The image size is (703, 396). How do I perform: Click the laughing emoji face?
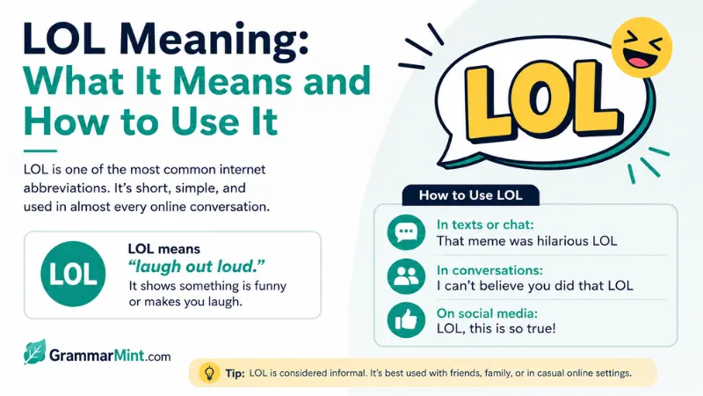pos(641,48)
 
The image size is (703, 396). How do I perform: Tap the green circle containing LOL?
pos(73,274)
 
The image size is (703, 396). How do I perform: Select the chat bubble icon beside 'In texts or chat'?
pos(406,232)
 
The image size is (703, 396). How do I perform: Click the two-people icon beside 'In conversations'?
pos(406,276)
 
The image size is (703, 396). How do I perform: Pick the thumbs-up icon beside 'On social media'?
pos(406,320)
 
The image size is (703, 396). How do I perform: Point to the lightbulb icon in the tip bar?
pos(209,372)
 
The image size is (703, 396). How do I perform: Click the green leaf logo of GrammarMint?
pos(34,352)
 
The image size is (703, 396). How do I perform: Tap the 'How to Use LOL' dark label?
pos(471,195)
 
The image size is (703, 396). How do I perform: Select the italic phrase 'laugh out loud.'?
pos(196,267)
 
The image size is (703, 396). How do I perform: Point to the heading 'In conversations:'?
pos(489,270)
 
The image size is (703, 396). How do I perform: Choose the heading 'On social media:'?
pos(487,313)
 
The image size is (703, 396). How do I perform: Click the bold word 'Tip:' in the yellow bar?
pos(235,373)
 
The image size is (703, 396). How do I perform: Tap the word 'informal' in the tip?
pos(346,373)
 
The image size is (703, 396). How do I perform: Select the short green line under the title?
pos(40,150)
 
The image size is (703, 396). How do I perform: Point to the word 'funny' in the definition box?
pos(271,287)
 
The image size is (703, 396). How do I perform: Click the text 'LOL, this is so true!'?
pos(496,328)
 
